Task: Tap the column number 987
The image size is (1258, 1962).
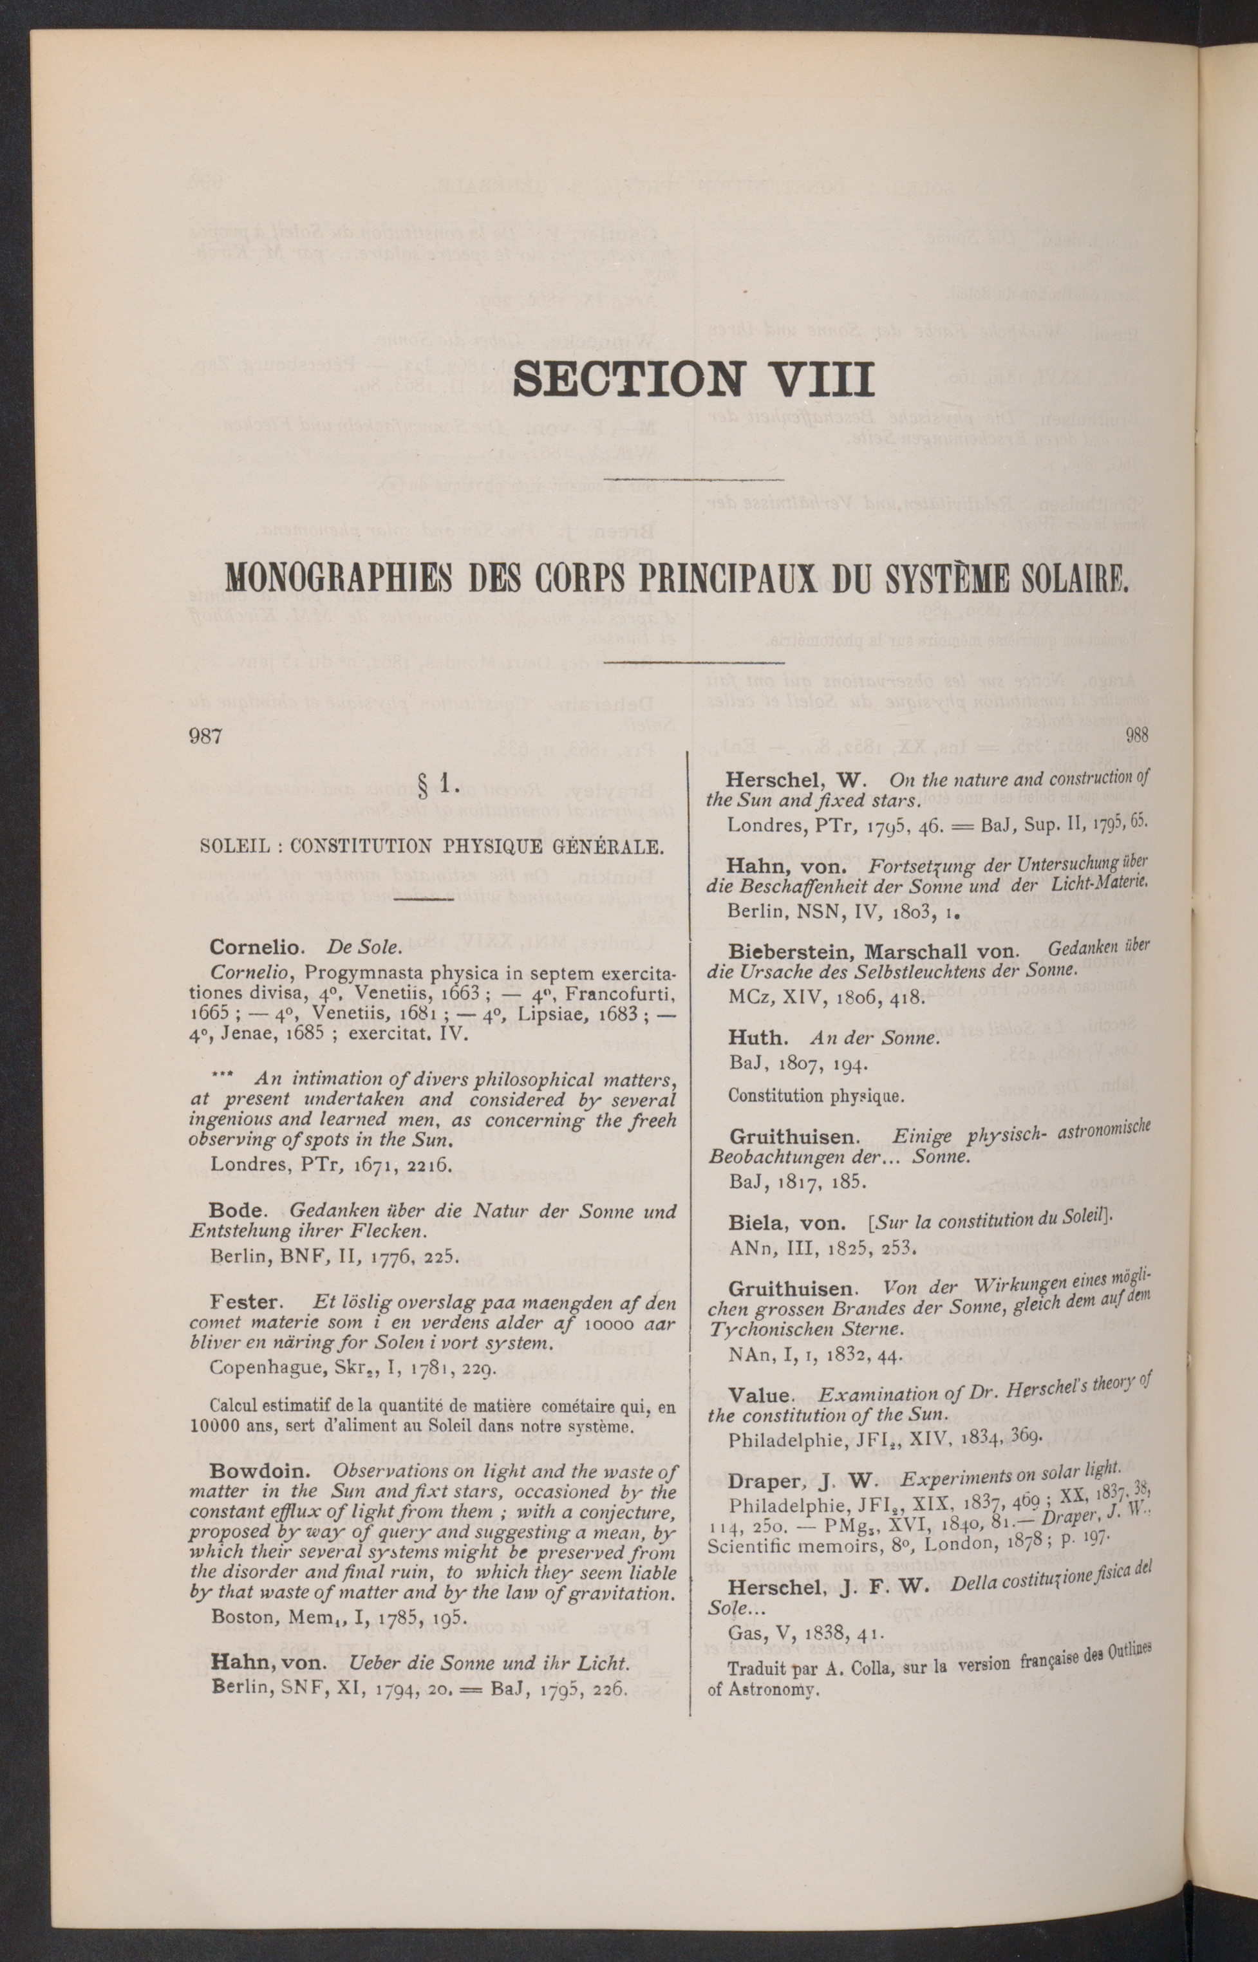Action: coord(206,736)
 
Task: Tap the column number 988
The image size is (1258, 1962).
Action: coord(1137,735)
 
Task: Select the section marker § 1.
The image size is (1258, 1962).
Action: coord(438,785)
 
